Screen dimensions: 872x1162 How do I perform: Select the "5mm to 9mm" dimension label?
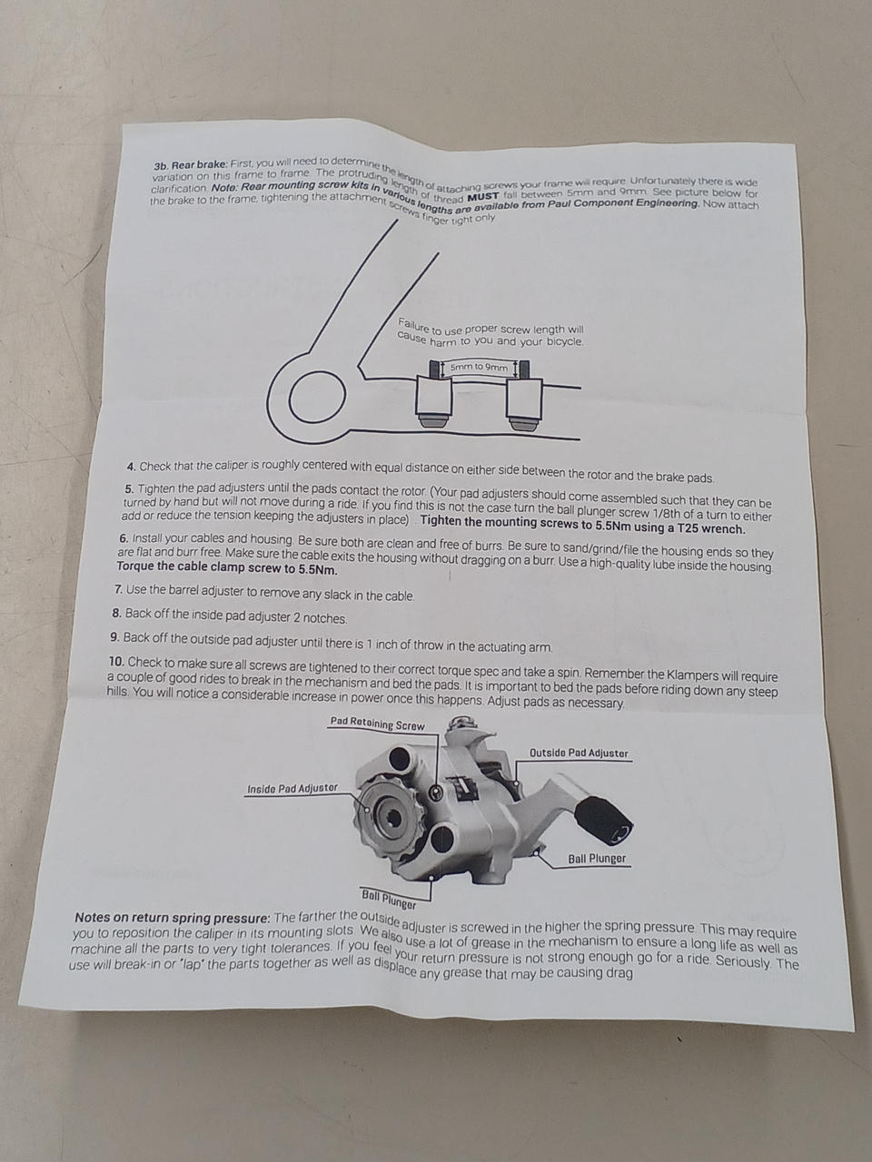pyautogui.click(x=479, y=367)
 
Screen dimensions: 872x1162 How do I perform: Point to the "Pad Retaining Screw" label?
pyautogui.click(x=378, y=724)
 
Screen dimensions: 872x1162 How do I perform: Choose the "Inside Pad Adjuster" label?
pyautogui.click(x=292, y=788)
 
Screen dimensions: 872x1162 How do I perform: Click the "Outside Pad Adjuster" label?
pyautogui.click(x=579, y=753)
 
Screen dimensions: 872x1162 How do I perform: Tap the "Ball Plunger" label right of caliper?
pyautogui.click(x=597, y=858)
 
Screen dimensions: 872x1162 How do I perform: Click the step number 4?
pyautogui.click(x=132, y=467)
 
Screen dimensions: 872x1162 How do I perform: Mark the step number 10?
pyautogui.click(x=117, y=662)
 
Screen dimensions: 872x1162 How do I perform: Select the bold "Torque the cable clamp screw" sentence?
pyautogui.click(x=226, y=569)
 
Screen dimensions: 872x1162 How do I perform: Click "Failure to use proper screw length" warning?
pyautogui.click(x=490, y=333)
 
